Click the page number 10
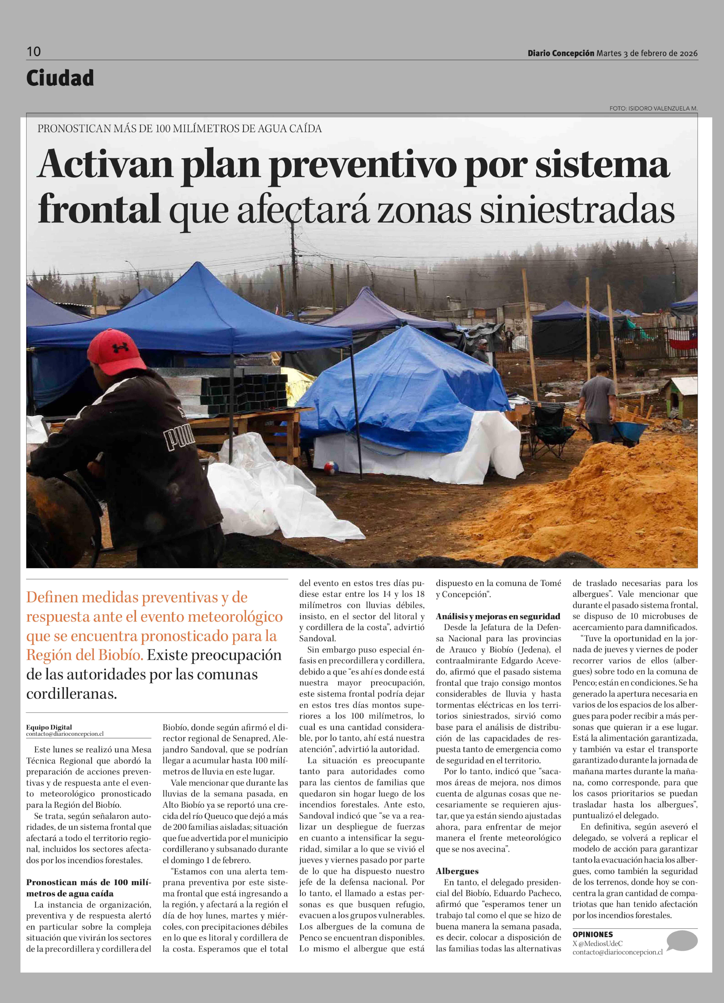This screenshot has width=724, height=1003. (x=34, y=52)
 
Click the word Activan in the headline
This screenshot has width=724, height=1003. (x=105, y=165)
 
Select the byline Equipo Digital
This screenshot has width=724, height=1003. (x=49, y=727)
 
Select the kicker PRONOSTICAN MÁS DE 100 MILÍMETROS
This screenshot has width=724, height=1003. (x=179, y=129)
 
